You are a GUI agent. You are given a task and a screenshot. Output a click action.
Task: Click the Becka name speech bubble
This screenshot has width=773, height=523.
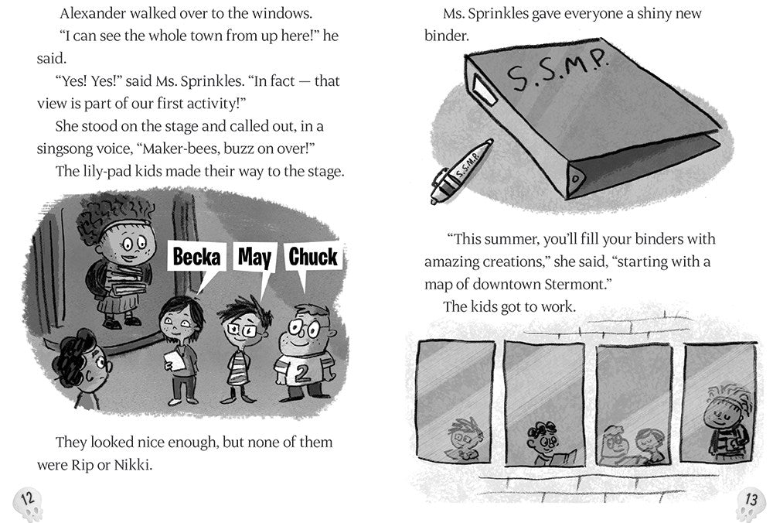click(196, 258)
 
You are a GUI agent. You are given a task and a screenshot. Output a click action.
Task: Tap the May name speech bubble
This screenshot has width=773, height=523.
click(254, 258)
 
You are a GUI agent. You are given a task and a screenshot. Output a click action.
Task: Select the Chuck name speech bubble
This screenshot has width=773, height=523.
click(312, 258)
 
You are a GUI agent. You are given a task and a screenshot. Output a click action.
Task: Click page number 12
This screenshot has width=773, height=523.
click(27, 498)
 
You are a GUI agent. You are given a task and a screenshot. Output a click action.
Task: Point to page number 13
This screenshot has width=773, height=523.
click(751, 499)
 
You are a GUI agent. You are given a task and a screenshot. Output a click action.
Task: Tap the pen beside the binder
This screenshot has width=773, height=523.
click(461, 171)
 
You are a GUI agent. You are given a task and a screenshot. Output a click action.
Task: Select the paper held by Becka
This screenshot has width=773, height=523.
click(175, 360)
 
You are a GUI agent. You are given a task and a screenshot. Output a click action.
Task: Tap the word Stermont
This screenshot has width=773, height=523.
click(575, 284)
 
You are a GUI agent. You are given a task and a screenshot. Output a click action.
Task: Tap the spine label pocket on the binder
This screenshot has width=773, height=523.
click(484, 89)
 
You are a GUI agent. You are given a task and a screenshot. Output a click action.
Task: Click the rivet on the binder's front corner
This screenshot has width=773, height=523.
click(574, 179)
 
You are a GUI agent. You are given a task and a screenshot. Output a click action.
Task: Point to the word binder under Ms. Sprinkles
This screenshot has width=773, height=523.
click(447, 36)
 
